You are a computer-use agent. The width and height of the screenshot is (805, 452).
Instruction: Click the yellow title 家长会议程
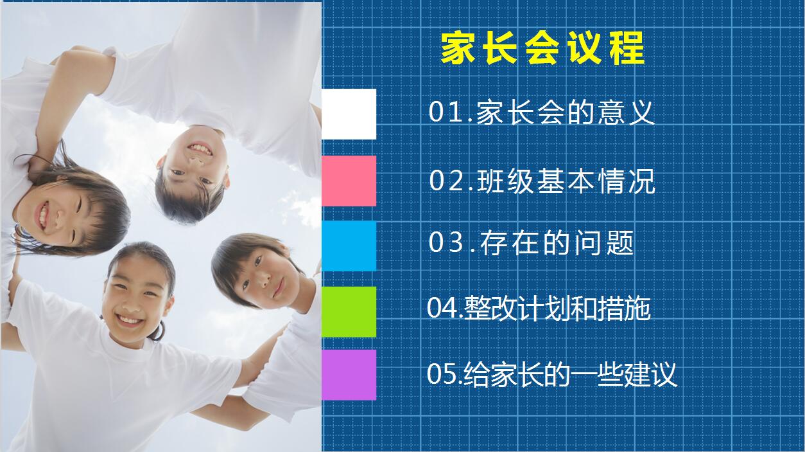click(x=542, y=49)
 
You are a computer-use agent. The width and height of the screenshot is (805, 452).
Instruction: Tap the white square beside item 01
click(x=349, y=114)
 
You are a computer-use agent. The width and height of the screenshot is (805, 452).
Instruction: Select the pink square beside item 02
click(x=349, y=181)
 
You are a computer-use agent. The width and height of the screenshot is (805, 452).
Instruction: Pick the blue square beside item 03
click(x=349, y=246)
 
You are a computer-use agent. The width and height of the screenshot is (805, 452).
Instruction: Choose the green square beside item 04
click(x=349, y=311)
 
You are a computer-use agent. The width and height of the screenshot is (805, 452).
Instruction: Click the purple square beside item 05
click(x=349, y=375)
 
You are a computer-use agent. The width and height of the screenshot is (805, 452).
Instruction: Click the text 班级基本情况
click(x=566, y=181)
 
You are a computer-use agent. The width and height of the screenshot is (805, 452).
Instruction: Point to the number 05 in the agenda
click(x=442, y=374)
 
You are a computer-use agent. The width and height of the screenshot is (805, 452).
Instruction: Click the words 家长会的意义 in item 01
click(x=566, y=113)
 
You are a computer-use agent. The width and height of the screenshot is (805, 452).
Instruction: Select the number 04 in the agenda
click(x=442, y=309)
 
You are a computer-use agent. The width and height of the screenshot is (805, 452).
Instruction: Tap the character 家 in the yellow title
click(x=458, y=49)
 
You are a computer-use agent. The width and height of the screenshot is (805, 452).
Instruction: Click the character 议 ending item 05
click(x=664, y=374)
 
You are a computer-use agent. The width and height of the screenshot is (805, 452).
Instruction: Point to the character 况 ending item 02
click(x=642, y=181)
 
